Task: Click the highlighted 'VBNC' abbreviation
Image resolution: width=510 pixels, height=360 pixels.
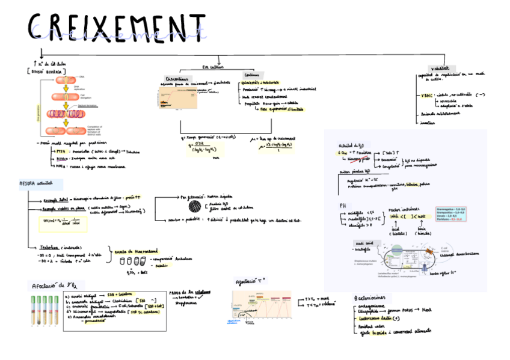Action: [426, 94]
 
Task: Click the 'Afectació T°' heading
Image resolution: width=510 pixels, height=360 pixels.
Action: [252, 281]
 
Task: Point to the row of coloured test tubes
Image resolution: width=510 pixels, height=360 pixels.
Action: [45, 311]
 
